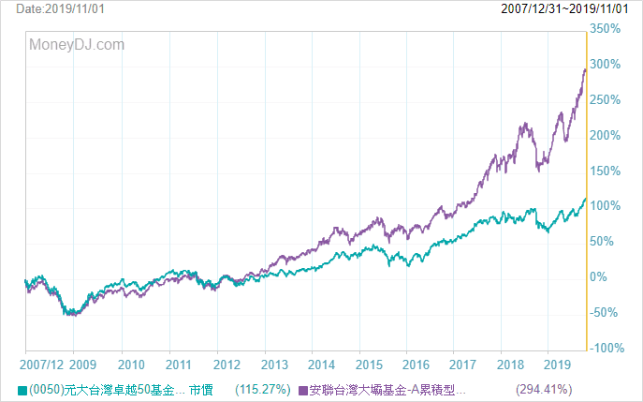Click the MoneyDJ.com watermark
tap(77, 44)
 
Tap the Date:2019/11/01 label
tap(60, 8)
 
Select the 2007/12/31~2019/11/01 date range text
tap(564, 8)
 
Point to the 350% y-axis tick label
tap(605, 29)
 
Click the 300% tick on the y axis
tap(605, 64)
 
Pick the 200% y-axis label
tap(605, 135)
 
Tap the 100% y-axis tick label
tap(605, 206)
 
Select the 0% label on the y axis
tap(598, 276)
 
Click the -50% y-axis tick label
tap(604, 312)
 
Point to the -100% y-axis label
tap(606, 348)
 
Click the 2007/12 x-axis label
tap(42, 365)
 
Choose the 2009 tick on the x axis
tap(83, 365)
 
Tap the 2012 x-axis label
tap(227, 365)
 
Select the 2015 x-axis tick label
tap(369, 365)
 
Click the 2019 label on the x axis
tap(557, 365)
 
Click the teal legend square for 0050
tap(22, 390)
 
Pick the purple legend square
tap(303, 390)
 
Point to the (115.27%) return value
tap(263, 389)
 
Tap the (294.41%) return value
tap(544, 389)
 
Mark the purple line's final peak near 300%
tap(585, 69)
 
